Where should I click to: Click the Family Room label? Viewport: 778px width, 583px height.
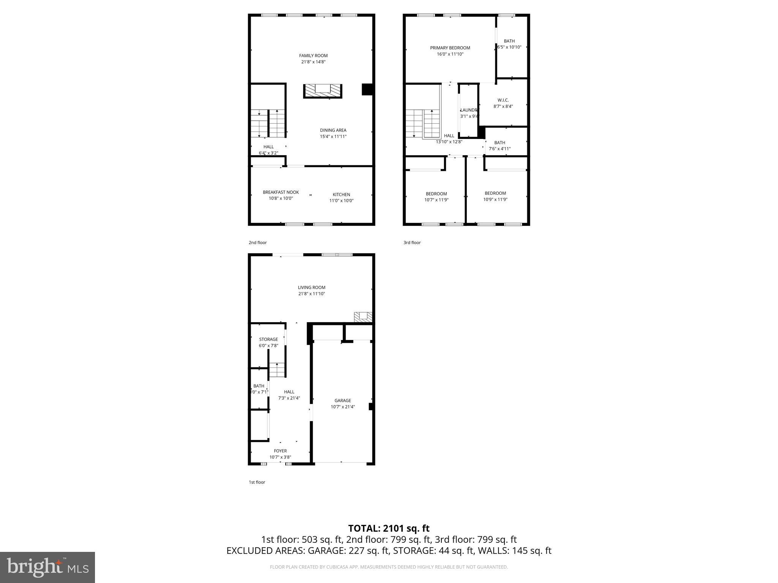313,56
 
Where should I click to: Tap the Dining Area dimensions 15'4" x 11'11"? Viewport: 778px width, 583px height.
333,137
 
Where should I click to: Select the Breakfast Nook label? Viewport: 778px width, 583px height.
281,192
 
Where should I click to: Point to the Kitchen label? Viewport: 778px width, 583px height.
341,195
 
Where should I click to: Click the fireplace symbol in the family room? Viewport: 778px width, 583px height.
323,91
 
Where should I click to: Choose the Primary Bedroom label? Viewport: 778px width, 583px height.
450,48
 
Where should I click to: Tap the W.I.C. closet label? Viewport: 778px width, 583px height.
503,101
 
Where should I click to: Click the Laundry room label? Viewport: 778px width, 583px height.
469,110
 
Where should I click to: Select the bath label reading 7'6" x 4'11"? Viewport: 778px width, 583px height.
500,149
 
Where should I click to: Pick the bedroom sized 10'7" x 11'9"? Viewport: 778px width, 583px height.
436,197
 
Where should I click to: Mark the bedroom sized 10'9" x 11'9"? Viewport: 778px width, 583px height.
495,196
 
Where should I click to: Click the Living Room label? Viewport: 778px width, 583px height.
312,288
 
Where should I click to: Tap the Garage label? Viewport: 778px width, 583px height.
343,401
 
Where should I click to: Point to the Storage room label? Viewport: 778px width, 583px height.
268,340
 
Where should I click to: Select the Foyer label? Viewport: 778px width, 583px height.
280,451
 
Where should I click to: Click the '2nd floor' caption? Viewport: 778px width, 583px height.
258,243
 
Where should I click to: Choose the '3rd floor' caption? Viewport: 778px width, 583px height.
412,243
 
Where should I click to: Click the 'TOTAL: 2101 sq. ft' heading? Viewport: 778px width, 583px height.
389,528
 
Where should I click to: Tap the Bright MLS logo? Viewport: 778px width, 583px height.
47,567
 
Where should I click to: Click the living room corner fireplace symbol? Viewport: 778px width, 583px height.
363,317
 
